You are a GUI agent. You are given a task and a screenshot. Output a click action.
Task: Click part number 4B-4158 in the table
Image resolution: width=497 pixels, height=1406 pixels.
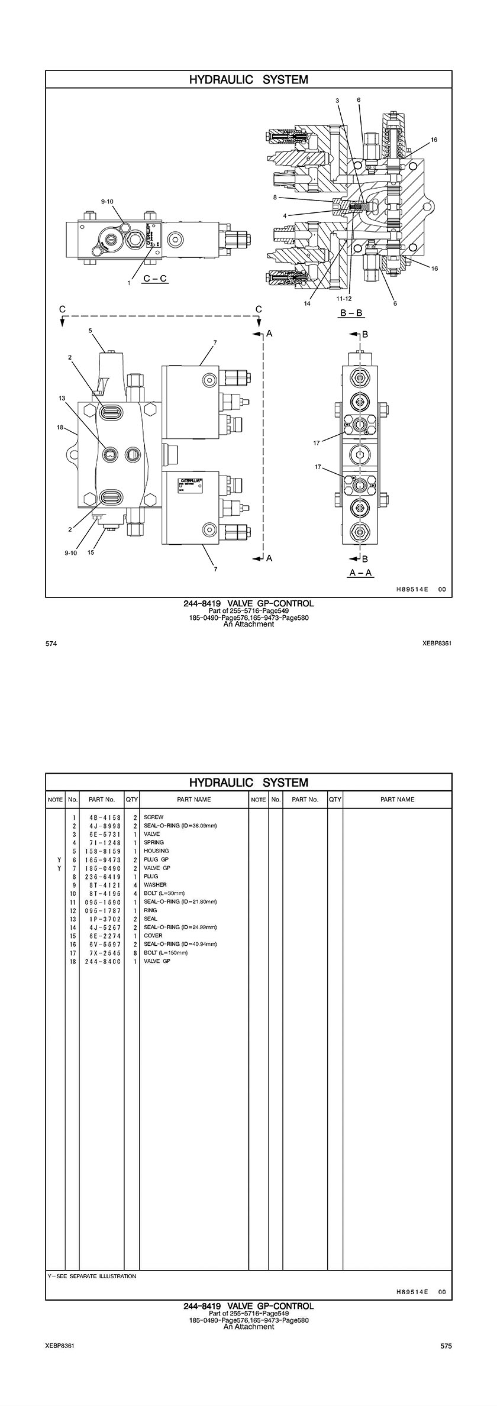[101, 817]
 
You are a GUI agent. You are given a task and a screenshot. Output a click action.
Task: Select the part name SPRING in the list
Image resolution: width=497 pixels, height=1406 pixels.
[153, 842]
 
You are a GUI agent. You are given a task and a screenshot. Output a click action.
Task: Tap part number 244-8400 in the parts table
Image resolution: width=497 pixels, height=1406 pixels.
[101, 961]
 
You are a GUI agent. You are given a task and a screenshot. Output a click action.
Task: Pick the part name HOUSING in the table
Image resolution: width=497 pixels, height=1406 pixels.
[156, 851]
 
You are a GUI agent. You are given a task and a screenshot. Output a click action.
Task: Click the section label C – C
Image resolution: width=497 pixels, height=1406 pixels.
[155, 277]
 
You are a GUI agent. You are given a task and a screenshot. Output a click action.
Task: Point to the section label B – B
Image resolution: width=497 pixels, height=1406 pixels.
[351, 313]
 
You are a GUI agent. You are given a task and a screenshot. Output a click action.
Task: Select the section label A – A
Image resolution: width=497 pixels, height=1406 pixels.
[361, 572]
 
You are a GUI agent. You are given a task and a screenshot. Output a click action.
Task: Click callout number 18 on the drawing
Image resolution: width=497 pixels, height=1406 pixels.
[60, 427]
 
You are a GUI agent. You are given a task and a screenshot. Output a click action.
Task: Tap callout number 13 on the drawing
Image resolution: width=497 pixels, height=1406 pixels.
[62, 398]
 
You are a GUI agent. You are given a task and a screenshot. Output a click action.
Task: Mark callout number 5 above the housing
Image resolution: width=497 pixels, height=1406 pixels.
[90, 331]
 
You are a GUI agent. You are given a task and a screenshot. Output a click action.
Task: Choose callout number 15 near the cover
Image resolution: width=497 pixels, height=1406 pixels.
[91, 553]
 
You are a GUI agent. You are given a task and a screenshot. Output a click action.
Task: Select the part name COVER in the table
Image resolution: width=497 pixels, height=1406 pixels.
[153, 936]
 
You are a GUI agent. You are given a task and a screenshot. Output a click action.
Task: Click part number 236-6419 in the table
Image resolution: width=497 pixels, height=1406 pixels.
[101, 877]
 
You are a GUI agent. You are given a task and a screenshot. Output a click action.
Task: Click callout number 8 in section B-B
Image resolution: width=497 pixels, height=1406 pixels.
[275, 197]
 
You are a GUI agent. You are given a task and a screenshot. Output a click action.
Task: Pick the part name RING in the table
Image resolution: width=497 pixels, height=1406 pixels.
[150, 910]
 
